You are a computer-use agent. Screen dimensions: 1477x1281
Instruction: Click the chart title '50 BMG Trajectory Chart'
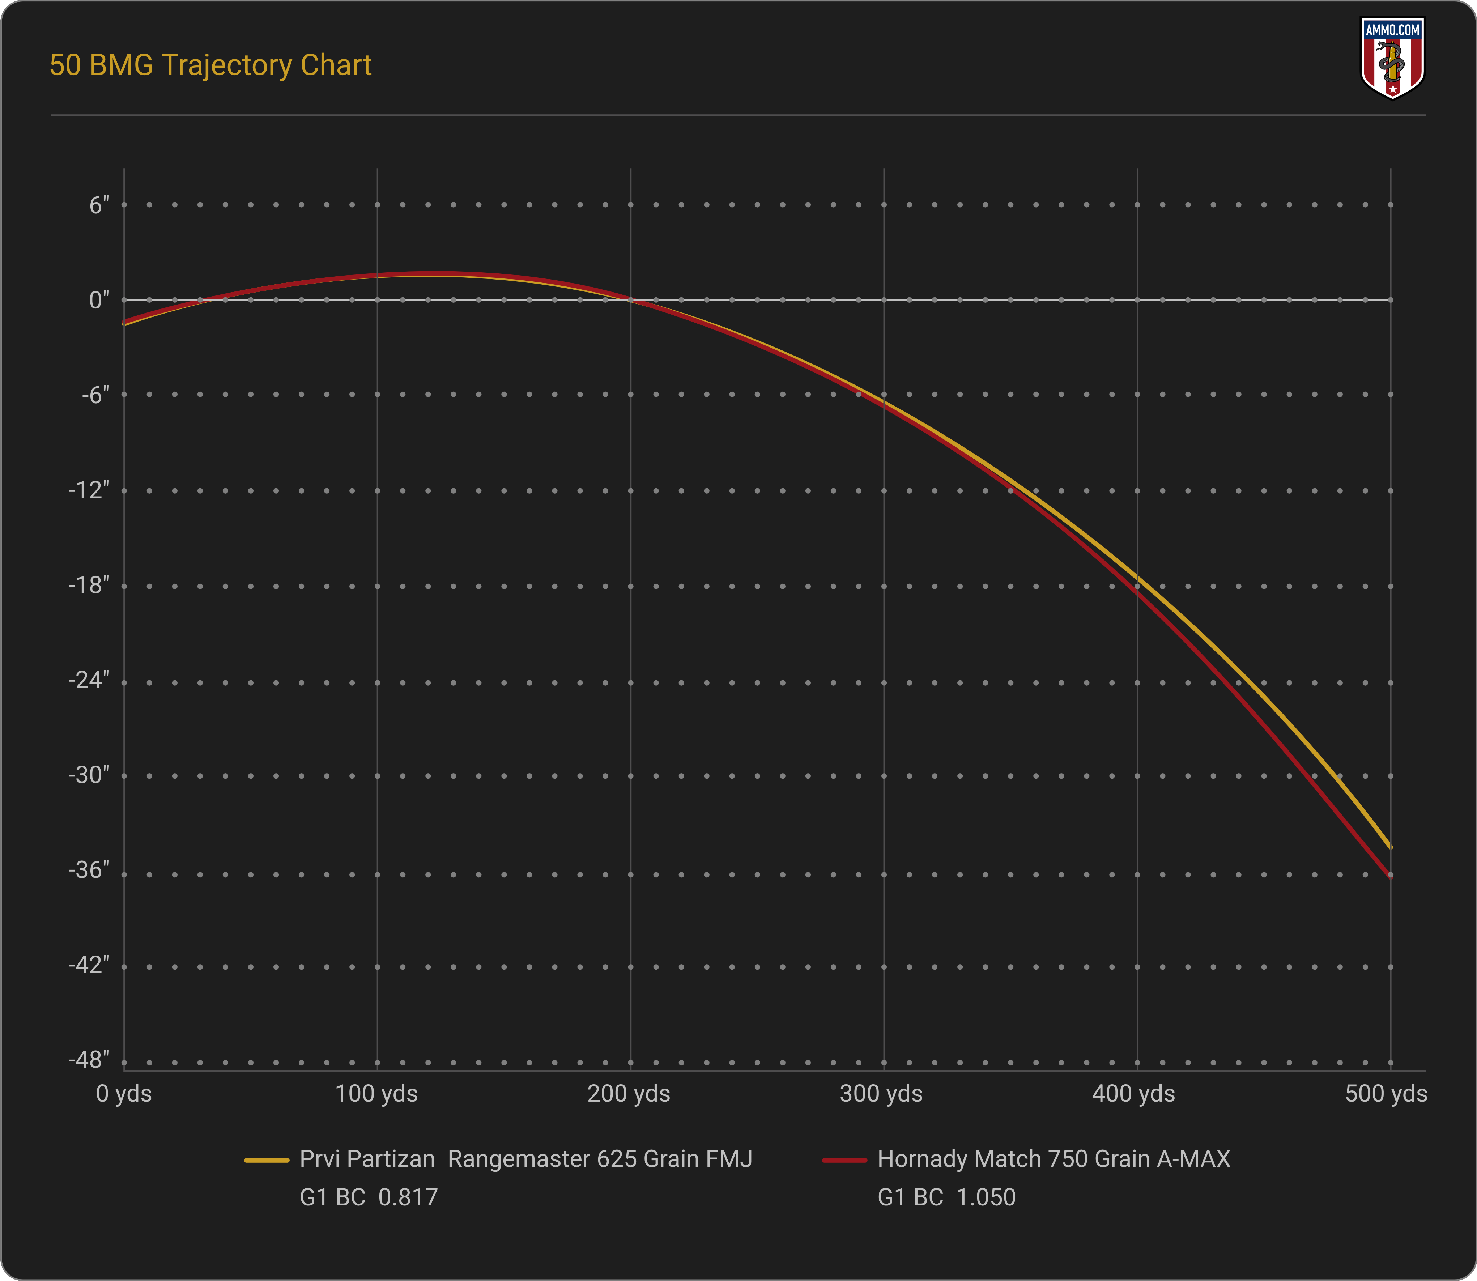click(210, 65)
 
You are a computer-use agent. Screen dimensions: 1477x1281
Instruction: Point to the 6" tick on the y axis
click(99, 206)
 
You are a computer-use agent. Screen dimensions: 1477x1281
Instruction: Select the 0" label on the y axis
click(99, 300)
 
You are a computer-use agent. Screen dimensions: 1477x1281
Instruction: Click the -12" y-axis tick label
click(89, 490)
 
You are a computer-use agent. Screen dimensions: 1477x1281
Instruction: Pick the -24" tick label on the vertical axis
click(89, 680)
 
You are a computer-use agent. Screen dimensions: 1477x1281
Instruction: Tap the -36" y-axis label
click(89, 870)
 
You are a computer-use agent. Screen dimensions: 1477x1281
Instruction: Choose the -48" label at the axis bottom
click(89, 1059)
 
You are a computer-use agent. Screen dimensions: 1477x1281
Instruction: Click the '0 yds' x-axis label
click(124, 1094)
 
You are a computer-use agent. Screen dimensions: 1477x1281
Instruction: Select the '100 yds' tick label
click(377, 1094)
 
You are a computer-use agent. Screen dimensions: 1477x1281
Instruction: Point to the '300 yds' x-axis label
click(881, 1094)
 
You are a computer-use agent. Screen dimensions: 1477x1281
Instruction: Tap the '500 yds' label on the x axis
click(1386, 1094)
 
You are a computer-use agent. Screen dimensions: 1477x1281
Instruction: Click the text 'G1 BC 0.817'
click(369, 1197)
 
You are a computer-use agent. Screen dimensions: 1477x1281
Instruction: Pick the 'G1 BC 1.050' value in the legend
click(946, 1197)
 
